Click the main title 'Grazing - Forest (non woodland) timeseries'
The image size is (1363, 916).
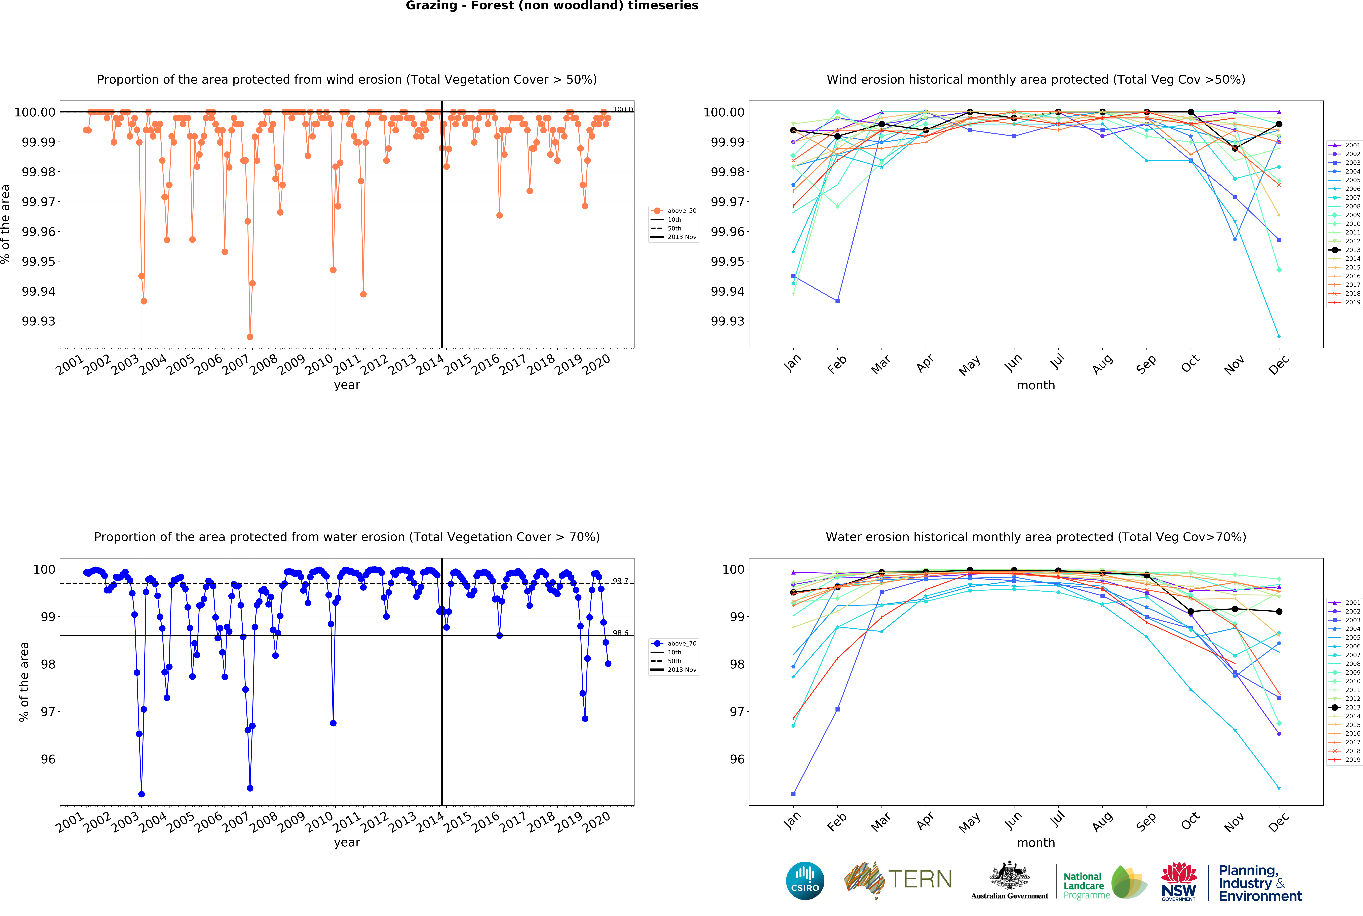[x=552, y=6]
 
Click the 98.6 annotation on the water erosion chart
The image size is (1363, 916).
[x=620, y=633]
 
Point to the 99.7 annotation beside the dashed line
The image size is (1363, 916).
[x=620, y=581]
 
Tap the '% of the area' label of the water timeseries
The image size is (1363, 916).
[x=24, y=682]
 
